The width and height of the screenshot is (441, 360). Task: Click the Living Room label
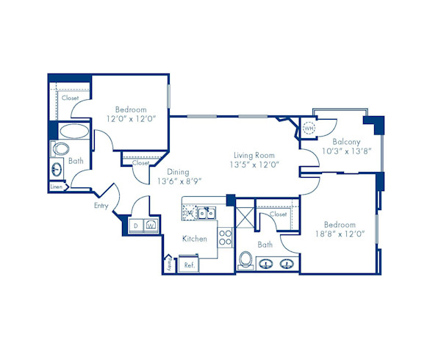[x=254, y=155]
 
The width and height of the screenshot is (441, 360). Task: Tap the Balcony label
[x=345, y=141]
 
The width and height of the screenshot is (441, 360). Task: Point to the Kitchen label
[x=194, y=239]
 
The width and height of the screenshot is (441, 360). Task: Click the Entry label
[x=101, y=206]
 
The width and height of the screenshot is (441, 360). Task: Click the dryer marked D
[x=136, y=226]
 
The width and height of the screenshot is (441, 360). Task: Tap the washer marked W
[x=151, y=226]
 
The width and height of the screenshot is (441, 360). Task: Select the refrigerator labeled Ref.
[x=189, y=264]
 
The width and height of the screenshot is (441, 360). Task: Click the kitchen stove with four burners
[x=225, y=239]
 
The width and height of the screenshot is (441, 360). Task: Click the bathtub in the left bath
[x=73, y=133]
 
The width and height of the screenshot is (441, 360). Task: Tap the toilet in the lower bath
[x=246, y=261]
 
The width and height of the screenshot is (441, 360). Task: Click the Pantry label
[x=168, y=264]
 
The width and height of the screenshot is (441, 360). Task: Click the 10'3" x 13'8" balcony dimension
[x=348, y=151]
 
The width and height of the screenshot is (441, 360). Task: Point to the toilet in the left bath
[x=58, y=149]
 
